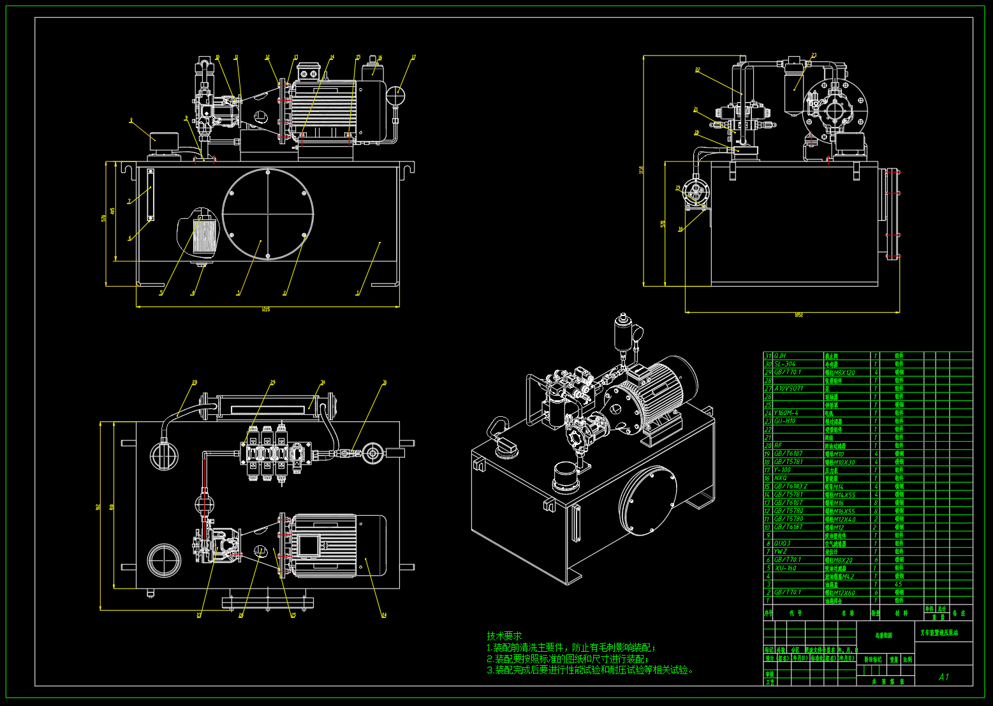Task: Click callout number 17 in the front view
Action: [x=413, y=57]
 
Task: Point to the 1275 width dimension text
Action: [x=265, y=310]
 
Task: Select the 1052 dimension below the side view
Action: [x=798, y=315]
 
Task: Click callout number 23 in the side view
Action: [x=814, y=56]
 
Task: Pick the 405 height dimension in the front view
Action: [x=113, y=211]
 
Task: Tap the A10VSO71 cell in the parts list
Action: [x=789, y=388]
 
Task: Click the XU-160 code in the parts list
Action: [x=785, y=567]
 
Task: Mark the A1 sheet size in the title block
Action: [x=944, y=677]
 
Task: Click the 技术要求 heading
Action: [x=504, y=636]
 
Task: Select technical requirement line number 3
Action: [x=590, y=670]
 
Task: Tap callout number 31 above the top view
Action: [x=385, y=383]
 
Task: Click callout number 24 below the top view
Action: [x=384, y=615]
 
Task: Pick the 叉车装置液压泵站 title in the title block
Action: [x=939, y=633]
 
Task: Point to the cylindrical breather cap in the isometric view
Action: [x=566, y=476]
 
